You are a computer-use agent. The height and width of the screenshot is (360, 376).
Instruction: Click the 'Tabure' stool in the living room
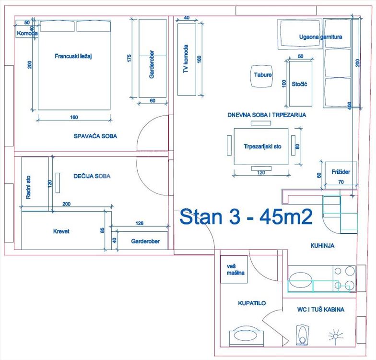point(263,76)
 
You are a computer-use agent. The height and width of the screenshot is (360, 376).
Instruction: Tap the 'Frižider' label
point(341,172)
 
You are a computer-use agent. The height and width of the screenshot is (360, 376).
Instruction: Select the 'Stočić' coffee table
point(300,84)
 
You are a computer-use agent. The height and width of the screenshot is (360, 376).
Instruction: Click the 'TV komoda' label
point(186,59)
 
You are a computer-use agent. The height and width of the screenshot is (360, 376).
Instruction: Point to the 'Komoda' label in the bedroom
point(27,34)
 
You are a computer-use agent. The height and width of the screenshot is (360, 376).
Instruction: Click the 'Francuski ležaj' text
point(73,56)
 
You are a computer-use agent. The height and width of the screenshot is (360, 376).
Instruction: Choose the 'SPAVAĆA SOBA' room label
point(95,136)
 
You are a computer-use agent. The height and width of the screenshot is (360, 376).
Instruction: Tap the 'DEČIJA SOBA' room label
point(92,176)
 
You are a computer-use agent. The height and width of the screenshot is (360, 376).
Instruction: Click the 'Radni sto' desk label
point(28,187)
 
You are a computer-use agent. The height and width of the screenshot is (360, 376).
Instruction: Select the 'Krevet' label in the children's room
point(61,231)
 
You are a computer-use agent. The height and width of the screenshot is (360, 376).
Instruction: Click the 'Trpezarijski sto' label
point(263,146)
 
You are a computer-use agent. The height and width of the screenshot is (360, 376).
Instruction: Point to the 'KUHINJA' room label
point(322,246)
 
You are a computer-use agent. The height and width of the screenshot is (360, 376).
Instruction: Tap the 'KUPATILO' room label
point(252,303)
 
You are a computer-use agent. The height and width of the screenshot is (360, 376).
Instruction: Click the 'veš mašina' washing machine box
point(234,269)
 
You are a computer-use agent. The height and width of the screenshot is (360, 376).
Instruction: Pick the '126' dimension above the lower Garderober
point(140,223)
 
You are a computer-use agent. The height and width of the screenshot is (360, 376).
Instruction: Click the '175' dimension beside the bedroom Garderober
point(129,59)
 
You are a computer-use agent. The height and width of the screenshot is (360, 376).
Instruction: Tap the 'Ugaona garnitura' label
point(320,37)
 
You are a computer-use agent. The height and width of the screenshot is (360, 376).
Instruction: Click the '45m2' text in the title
point(286,216)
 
